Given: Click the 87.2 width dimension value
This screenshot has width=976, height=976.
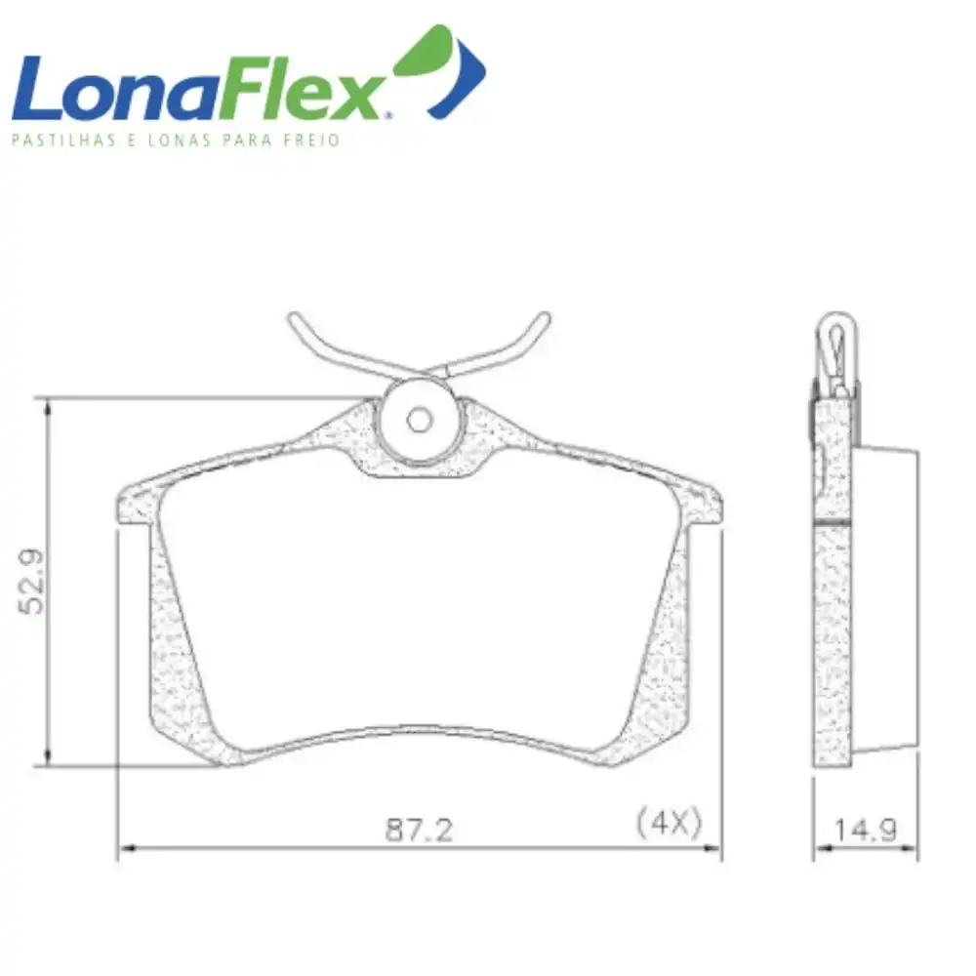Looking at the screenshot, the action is pyautogui.click(x=419, y=830).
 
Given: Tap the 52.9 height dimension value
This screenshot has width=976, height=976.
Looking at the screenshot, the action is pyautogui.click(x=32, y=582).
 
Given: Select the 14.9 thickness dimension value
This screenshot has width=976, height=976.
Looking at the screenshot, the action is pyautogui.click(x=865, y=830).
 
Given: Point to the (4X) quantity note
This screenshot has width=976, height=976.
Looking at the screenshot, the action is pyautogui.click(x=669, y=823).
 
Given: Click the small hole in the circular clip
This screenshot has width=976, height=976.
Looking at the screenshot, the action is pyautogui.click(x=419, y=420).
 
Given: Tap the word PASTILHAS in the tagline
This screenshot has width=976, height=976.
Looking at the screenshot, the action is pyautogui.click(x=63, y=140).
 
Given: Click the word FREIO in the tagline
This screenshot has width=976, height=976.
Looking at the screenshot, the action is pyautogui.click(x=312, y=140).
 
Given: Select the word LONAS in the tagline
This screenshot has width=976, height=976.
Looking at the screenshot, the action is pyautogui.click(x=180, y=140).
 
